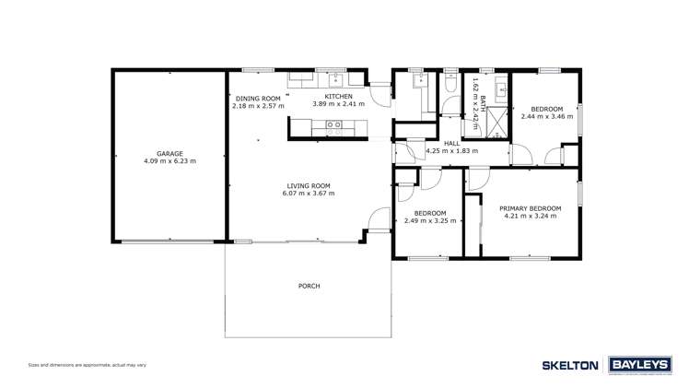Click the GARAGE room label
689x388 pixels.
pos(169,153)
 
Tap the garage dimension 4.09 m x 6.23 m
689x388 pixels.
pos(169,161)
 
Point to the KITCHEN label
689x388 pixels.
pos(338,96)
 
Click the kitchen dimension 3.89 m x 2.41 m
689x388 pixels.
pos(338,103)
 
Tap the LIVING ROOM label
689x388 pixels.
pos(308,185)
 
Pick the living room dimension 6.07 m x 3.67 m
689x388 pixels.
pos(308,194)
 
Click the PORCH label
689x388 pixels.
pos(309,286)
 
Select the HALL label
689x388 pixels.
pos(451,143)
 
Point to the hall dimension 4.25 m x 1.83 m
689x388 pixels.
pos(451,151)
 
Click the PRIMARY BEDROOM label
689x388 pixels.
pos(530,208)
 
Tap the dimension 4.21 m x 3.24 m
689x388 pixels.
pos(530,217)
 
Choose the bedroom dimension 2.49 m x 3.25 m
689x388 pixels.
pos(429,221)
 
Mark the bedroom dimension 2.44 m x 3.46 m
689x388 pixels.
pos(546,117)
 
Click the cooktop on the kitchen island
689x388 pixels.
pos(333,124)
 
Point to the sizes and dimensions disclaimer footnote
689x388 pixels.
pos(87,365)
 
